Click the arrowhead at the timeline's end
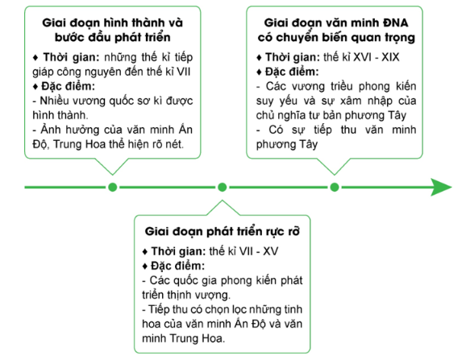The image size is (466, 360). click(x=442, y=188)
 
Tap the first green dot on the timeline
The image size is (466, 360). click(x=112, y=188)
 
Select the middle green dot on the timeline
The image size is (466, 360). click(x=222, y=188)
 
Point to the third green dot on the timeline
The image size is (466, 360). click(x=335, y=188)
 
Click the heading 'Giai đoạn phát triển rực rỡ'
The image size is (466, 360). click(x=223, y=232)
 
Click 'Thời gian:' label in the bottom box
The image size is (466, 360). click(x=178, y=251)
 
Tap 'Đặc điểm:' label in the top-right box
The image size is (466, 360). click(x=292, y=72)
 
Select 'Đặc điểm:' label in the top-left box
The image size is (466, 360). click(x=68, y=86)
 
